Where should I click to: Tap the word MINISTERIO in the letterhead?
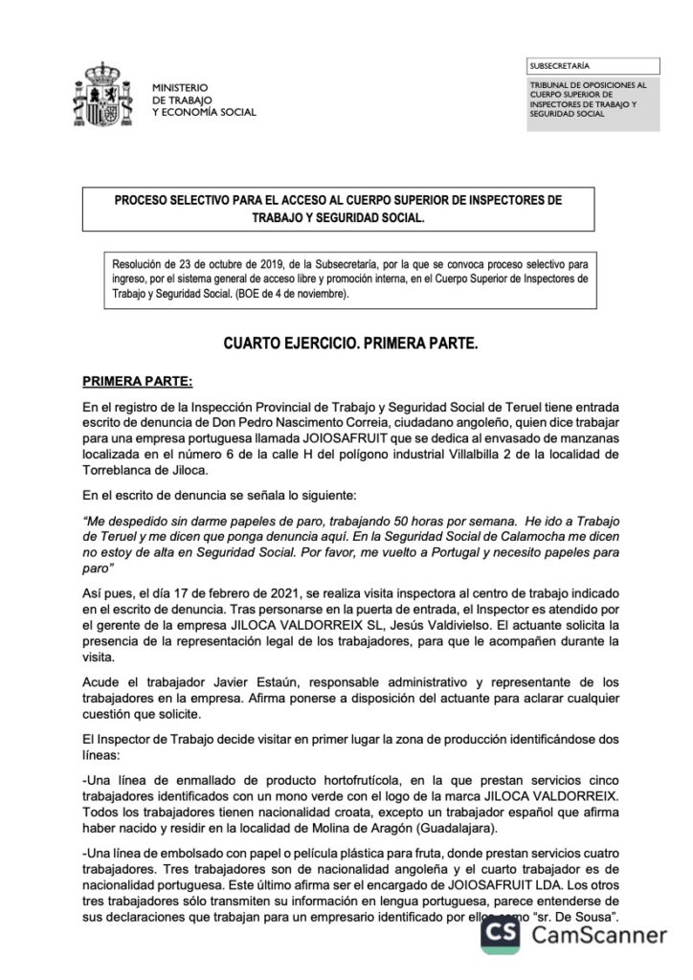[x=181, y=87]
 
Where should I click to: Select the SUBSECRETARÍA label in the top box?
[x=559, y=66]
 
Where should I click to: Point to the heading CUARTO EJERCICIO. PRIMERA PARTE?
[x=349, y=343]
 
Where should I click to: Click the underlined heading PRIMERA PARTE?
[x=138, y=381]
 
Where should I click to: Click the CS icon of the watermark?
[x=502, y=933]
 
